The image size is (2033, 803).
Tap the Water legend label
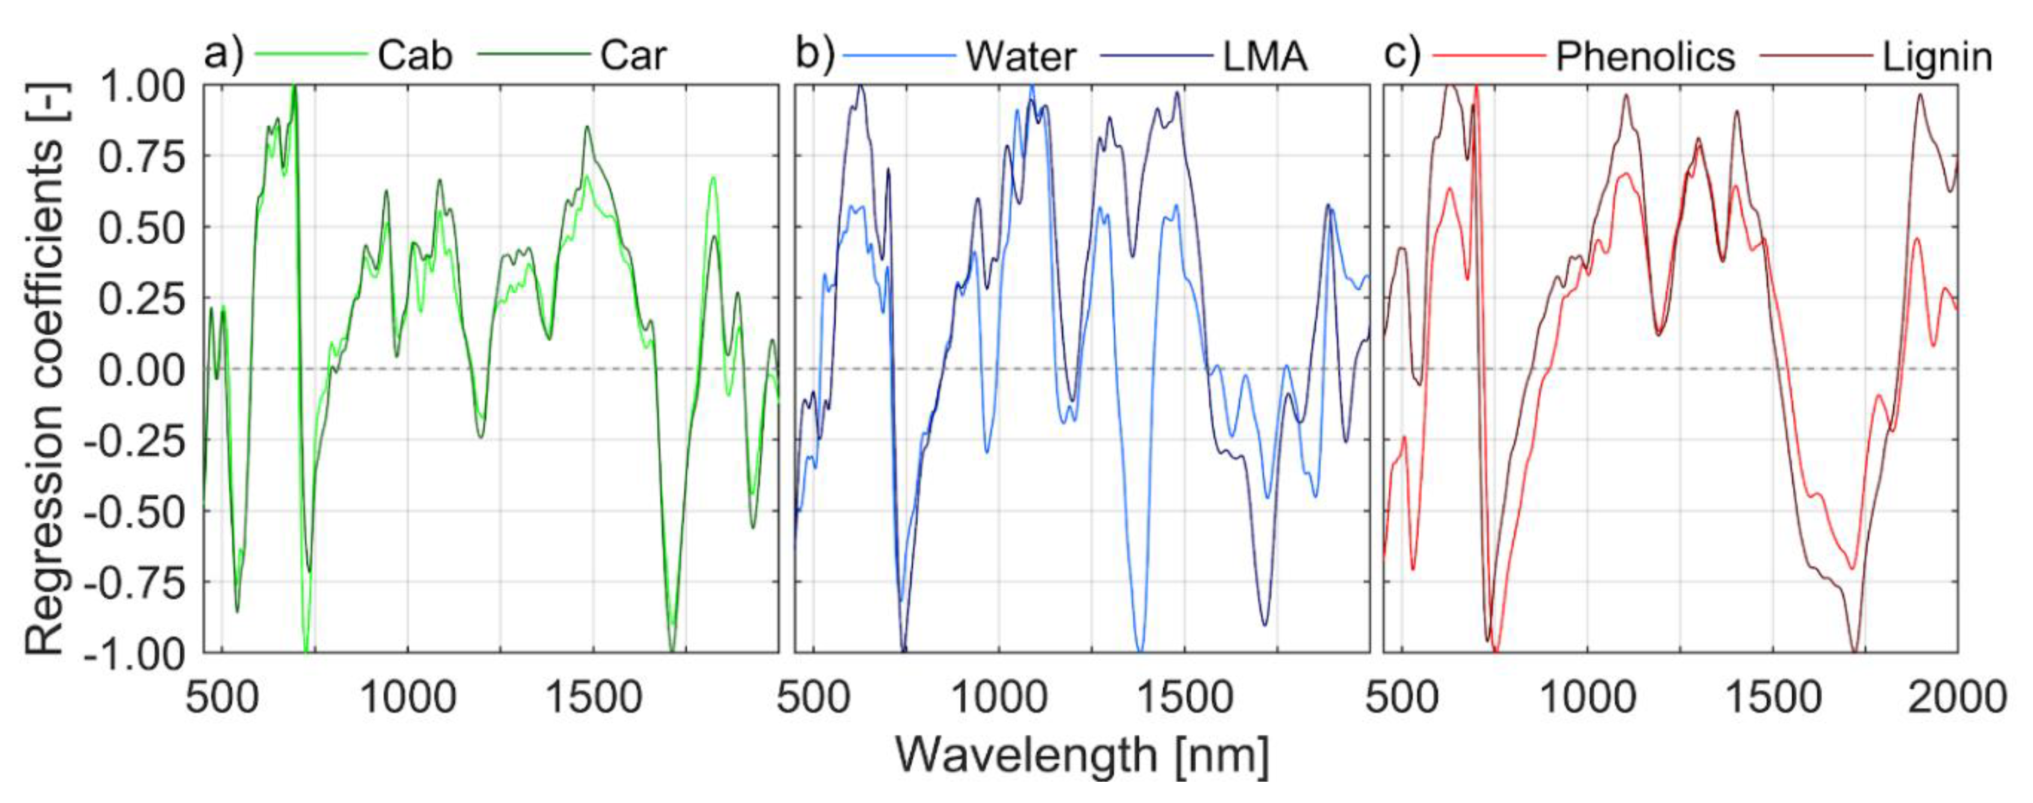(1020, 56)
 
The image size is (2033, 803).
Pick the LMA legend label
(1265, 56)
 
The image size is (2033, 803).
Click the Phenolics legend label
(1645, 56)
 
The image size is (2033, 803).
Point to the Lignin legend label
(1937, 57)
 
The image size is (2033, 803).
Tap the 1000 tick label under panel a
(407, 698)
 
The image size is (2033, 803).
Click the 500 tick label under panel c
(1402, 698)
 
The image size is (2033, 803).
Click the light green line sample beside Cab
(311, 55)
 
